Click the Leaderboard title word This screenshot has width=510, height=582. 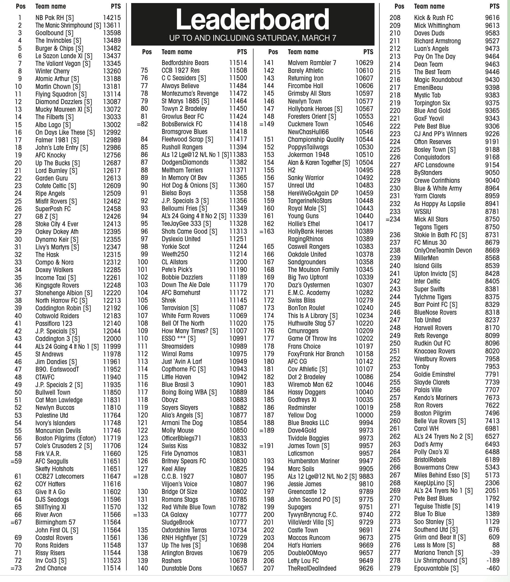tap(252, 20)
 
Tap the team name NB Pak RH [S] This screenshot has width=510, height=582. tap(54, 18)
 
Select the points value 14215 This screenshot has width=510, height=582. tap(112, 18)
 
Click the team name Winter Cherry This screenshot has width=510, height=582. tap(52, 71)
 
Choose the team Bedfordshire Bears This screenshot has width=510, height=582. tap(185, 63)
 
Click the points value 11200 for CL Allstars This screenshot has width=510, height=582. tap(238, 262)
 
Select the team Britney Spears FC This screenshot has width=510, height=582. tap(184, 461)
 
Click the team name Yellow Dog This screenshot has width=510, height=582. tap(302, 415)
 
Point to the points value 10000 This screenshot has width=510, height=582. tap(364, 415)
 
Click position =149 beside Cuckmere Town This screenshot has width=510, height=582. tap(267, 124)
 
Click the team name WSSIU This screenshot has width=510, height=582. tap(422, 211)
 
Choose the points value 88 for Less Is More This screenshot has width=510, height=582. tap(496, 545)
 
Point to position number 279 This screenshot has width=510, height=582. tap(395, 568)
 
